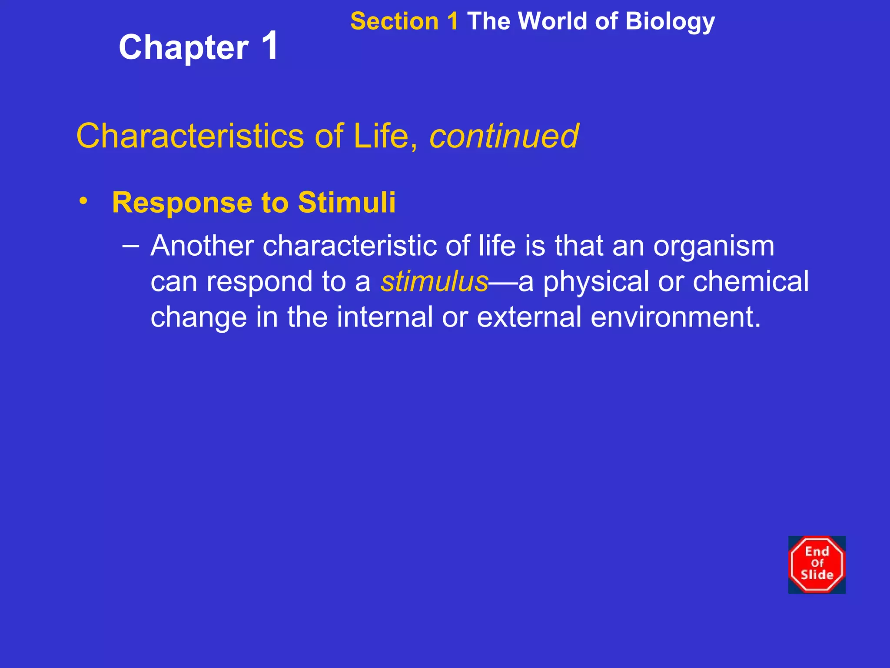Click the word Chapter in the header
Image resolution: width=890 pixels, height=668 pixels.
point(183,48)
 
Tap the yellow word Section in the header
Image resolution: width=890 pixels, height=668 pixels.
point(394,21)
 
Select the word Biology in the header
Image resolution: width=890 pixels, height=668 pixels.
point(670,21)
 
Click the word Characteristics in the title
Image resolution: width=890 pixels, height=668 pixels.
point(190,136)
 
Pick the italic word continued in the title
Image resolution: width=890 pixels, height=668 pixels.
point(504,136)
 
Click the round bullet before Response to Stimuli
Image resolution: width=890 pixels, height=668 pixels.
point(83,201)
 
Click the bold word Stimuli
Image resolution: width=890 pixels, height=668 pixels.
point(347,202)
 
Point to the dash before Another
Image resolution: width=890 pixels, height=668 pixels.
point(131,246)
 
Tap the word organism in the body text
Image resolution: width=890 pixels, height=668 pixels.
point(714,247)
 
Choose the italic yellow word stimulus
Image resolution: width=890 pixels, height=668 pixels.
point(434,281)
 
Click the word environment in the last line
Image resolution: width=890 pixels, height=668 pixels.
point(675,317)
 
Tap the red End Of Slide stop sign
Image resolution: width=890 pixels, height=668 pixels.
point(817,564)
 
